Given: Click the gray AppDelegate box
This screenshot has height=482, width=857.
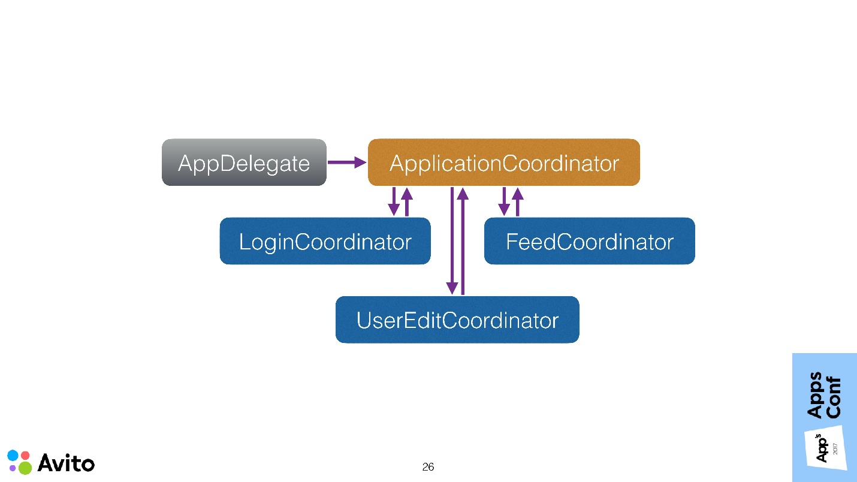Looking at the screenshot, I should pos(244,162).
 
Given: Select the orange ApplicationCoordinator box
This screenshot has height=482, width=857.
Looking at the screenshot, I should pos(503,162).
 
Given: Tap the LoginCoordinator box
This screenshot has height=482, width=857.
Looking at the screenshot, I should pos(325,241).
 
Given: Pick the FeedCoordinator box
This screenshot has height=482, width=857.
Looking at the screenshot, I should pos(589,241).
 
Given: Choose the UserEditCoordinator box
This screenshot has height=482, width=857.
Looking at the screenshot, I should pos(457,320).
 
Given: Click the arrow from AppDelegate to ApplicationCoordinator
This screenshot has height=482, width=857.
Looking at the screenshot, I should pos(346,162).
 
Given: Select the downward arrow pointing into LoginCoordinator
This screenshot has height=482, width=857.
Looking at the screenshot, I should pos(394,201).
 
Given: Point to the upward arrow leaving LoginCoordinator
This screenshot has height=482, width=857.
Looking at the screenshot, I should pos(407,201).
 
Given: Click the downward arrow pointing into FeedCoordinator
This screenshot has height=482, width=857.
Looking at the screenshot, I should pos(504,201).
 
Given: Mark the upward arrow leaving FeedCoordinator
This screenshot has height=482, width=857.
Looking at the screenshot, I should pos(517,201).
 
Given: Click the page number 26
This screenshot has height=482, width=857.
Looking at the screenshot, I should pos(428,467).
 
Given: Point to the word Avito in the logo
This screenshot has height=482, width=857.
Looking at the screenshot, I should pos(66,463).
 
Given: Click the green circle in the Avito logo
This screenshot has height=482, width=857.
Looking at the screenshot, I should pos(25,468).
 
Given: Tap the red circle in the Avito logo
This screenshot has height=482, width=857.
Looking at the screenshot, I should pos(25,455).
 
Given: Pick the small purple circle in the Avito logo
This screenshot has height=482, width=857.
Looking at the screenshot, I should pos(13,468).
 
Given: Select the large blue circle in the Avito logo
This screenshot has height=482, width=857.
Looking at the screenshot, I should pos(13,455).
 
